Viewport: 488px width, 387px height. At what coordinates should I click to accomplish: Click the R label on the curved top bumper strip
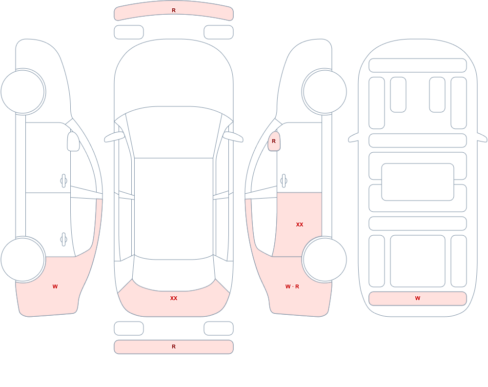tap(174, 10)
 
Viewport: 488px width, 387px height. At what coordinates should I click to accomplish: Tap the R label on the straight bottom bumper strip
tap(174, 346)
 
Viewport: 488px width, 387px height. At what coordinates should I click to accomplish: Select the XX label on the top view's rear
tap(174, 298)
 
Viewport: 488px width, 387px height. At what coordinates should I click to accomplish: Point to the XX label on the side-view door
tap(300, 224)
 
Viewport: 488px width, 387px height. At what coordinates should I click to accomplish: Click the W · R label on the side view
tap(292, 286)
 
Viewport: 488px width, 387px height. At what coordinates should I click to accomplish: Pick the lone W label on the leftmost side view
tap(55, 286)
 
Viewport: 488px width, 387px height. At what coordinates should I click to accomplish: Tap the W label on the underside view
tap(418, 298)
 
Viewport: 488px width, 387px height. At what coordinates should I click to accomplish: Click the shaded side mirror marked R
tap(274, 141)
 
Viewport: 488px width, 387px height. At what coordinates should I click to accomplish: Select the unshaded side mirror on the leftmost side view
tap(74, 142)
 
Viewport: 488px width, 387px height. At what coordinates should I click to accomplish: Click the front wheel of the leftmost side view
tap(23, 92)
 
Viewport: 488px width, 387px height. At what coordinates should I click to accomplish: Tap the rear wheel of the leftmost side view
tap(23, 259)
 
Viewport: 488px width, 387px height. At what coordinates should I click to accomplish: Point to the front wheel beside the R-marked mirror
tap(325, 92)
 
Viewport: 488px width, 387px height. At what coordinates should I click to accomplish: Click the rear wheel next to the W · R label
tap(325, 259)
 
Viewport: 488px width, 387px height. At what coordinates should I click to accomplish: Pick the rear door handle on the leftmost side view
tap(63, 240)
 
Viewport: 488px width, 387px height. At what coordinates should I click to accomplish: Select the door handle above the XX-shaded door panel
tap(284, 181)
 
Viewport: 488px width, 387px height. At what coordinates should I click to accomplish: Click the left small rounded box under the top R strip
tap(129, 32)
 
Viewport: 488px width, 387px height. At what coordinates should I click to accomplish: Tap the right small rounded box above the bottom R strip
tap(219, 328)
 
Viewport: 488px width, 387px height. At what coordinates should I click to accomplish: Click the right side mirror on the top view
tap(233, 137)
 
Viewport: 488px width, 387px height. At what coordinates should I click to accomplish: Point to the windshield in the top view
tap(174, 132)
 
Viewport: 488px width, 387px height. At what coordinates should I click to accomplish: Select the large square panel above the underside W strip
tap(418, 261)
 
